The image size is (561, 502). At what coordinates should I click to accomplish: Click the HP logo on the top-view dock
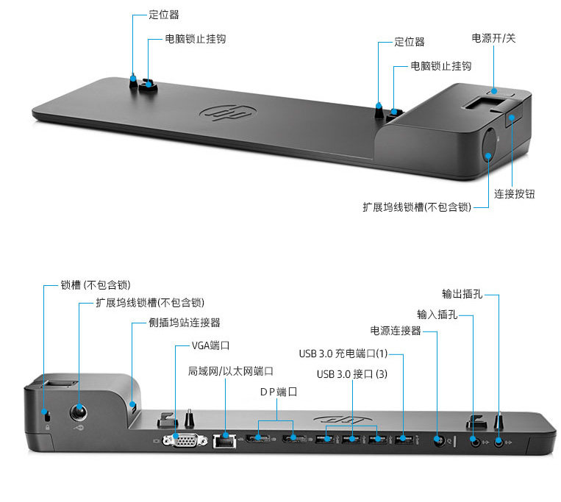click(x=227, y=113)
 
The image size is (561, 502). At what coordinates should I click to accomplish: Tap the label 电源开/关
click(x=493, y=38)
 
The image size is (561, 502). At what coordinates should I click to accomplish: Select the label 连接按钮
click(x=515, y=194)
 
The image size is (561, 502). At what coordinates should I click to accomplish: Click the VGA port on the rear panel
click(x=185, y=440)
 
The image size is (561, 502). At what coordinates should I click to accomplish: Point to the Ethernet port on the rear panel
click(x=224, y=441)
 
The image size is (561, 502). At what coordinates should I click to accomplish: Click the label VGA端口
click(x=210, y=345)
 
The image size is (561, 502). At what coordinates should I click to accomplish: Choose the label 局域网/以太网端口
click(x=231, y=371)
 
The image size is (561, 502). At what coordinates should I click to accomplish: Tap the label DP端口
click(x=279, y=392)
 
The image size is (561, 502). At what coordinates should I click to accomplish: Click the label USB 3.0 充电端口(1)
click(x=343, y=354)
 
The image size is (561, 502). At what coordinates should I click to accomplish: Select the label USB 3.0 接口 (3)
click(x=352, y=374)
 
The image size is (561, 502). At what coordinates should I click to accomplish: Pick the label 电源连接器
click(x=396, y=330)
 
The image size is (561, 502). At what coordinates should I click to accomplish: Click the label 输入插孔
click(x=437, y=315)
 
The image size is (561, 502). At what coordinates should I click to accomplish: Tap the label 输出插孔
click(x=462, y=294)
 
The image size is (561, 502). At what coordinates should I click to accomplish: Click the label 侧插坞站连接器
click(x=185, y=323)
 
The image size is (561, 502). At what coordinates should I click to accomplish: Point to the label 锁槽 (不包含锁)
click(x=96, y=285)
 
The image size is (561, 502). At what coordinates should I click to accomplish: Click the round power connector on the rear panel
click(x=439, y=440)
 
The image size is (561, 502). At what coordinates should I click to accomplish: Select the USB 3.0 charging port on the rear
click(x=404, y=438)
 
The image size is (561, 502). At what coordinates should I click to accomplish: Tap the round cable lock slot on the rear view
click(x=79, y=413)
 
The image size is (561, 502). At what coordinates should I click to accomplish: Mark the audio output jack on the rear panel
click(x=499, y=442)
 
